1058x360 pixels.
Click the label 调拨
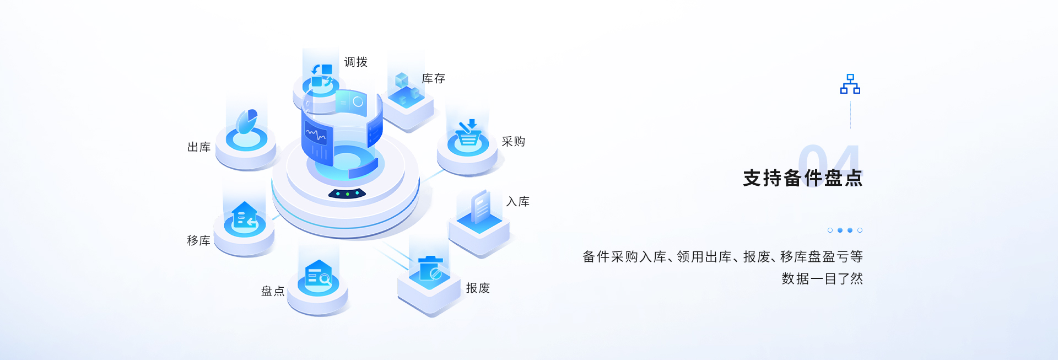(x=355, y=62)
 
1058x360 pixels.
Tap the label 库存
(x=433, y=78)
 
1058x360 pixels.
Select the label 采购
(x=513, y=141)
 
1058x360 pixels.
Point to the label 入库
(x=518, y=201)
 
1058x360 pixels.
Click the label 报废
(x=478, y=288)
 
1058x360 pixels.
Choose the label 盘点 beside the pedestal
(x=273, y=291)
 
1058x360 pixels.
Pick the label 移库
(x=198, y=240)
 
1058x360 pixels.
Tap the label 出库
(x=199, y=147)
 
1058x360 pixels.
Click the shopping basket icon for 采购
(x=468, y=133)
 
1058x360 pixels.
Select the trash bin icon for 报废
(x=430, y=268)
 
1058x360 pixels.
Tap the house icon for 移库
(x=245, y=215)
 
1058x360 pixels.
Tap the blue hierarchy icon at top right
(x=850, y=84)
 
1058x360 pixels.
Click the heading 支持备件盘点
(x=802, y=178)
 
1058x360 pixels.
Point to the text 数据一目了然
(x=822, y=278)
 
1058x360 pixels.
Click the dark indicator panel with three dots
(x=347, y=194)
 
